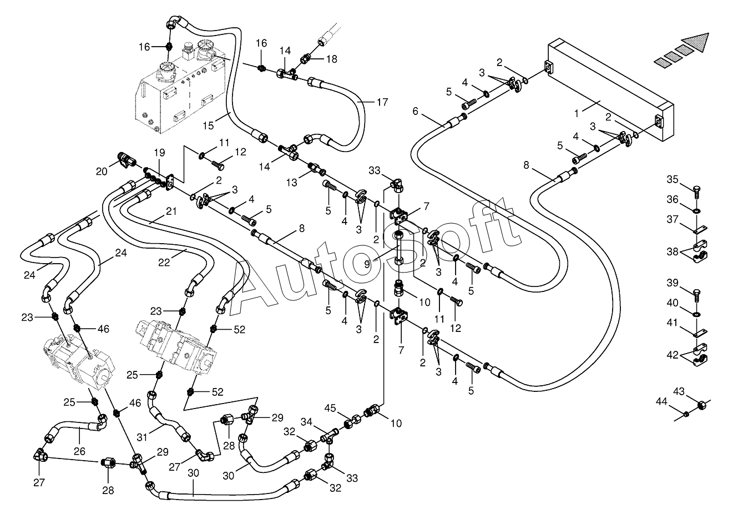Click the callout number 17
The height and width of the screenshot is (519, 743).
click(x=382, y=102)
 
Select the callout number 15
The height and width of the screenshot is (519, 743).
click(x=208, y=126)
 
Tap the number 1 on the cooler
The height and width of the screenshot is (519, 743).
click(x=577, y=114)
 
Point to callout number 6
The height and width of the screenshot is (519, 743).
click(x=415, y=111)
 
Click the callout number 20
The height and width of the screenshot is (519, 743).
click(x=102, y=172)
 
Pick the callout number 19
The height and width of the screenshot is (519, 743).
click(x=160, y=153)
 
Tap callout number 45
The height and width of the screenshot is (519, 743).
click(x=330, y=408)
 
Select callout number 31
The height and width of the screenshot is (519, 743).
click(x=142, y=437)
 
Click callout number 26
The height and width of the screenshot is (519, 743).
click(x=79, y=451)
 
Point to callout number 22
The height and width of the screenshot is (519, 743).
click(x=164, y=263)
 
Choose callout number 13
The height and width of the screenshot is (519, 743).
click(x=291, y=183)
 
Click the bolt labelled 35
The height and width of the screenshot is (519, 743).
click(x=696, y=192)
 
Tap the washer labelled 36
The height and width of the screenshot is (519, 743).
click(x=696, y=210)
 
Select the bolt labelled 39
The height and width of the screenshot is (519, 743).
click(x=696, y=296)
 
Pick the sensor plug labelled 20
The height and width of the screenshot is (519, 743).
click(x=126, y=160)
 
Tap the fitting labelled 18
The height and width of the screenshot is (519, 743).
click(x=305, y=59)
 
